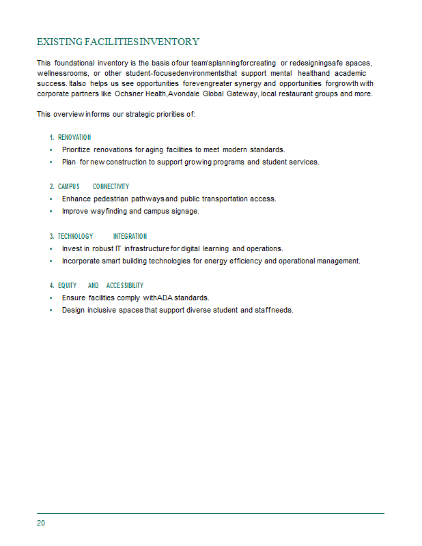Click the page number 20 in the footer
(x=41, y=523)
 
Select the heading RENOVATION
(x=74, y=137)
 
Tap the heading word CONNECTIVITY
(x=111, y=186)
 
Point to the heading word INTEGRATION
(x=130, y=236)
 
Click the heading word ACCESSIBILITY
(x=125, y=285)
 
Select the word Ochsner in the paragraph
(x=129, y=94)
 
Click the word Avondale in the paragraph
(x=185, y=94)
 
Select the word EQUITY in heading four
(x=67, y=285)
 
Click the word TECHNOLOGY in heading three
(x=75, y=236)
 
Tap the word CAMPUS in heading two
(x=68, y=186)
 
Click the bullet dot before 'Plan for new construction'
(x=51, y=162)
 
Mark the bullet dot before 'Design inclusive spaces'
(x=51, y=311)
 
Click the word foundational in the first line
(x=76, y=63)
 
